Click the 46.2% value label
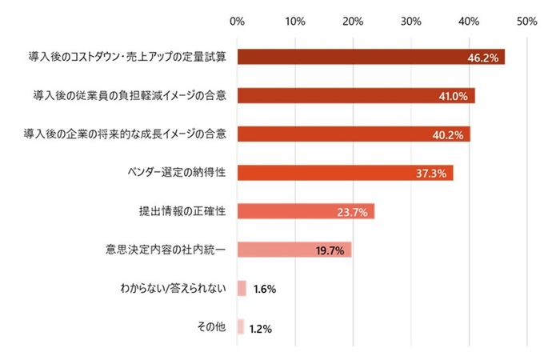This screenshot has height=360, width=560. click(483, 58)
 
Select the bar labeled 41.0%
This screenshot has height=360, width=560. click(356, 96)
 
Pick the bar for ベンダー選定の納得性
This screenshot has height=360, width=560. click(345, 173)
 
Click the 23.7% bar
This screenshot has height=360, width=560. click(306, 211)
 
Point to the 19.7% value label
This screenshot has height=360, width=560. click(330, 250)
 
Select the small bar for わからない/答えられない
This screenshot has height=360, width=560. click(242, 288)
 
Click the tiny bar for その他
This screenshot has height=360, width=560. click(241, 326)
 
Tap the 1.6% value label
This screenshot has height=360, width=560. click(264, 289)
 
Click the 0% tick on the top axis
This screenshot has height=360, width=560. click(237, 21)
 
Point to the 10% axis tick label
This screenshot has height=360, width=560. click(295, 21)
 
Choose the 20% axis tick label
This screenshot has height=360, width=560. click(353, 21)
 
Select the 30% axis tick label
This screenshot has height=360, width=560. click(411, 21)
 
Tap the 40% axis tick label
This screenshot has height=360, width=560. click(469, 21)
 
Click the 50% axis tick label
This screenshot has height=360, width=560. click(526, 21)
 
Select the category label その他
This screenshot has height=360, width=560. click(211, 326)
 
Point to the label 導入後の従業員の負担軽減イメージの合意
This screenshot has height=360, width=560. click(130, 96)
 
